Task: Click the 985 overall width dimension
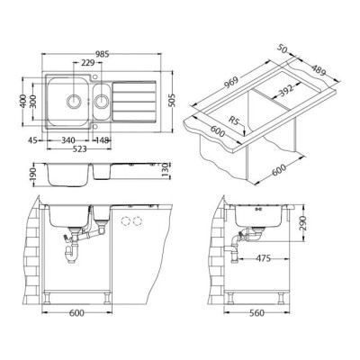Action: [x=103, y=54]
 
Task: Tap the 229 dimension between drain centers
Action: [x=88, y=63]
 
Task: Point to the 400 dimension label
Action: [x=22, y=102]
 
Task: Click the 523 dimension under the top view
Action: [x=79, y=149]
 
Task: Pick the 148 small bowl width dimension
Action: [x=102, y=140]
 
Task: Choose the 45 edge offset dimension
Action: [x=33, y=140]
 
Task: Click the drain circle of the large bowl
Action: [x=74, y=101]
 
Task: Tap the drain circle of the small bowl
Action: [x=102, y=101]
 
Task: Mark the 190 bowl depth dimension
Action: [x=33, y=175]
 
